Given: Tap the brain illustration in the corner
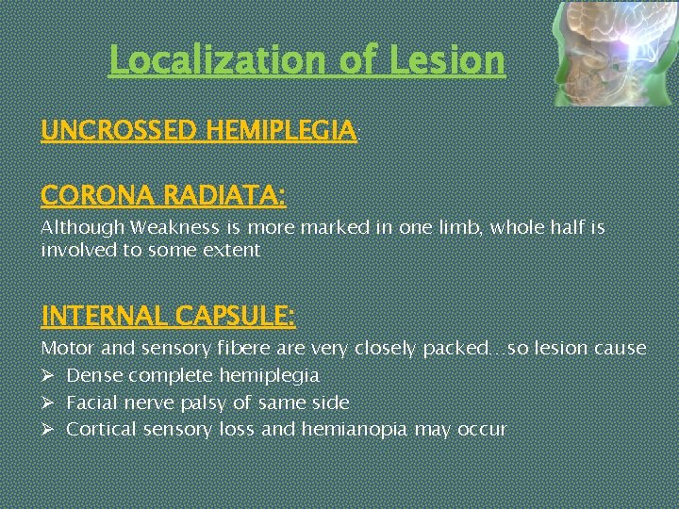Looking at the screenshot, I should [x=612, y=53].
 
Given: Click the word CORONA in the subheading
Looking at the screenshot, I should [x=98, y=196].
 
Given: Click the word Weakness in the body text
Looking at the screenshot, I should [x=177, y=228].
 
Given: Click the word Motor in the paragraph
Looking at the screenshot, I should [x=67, y=349].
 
